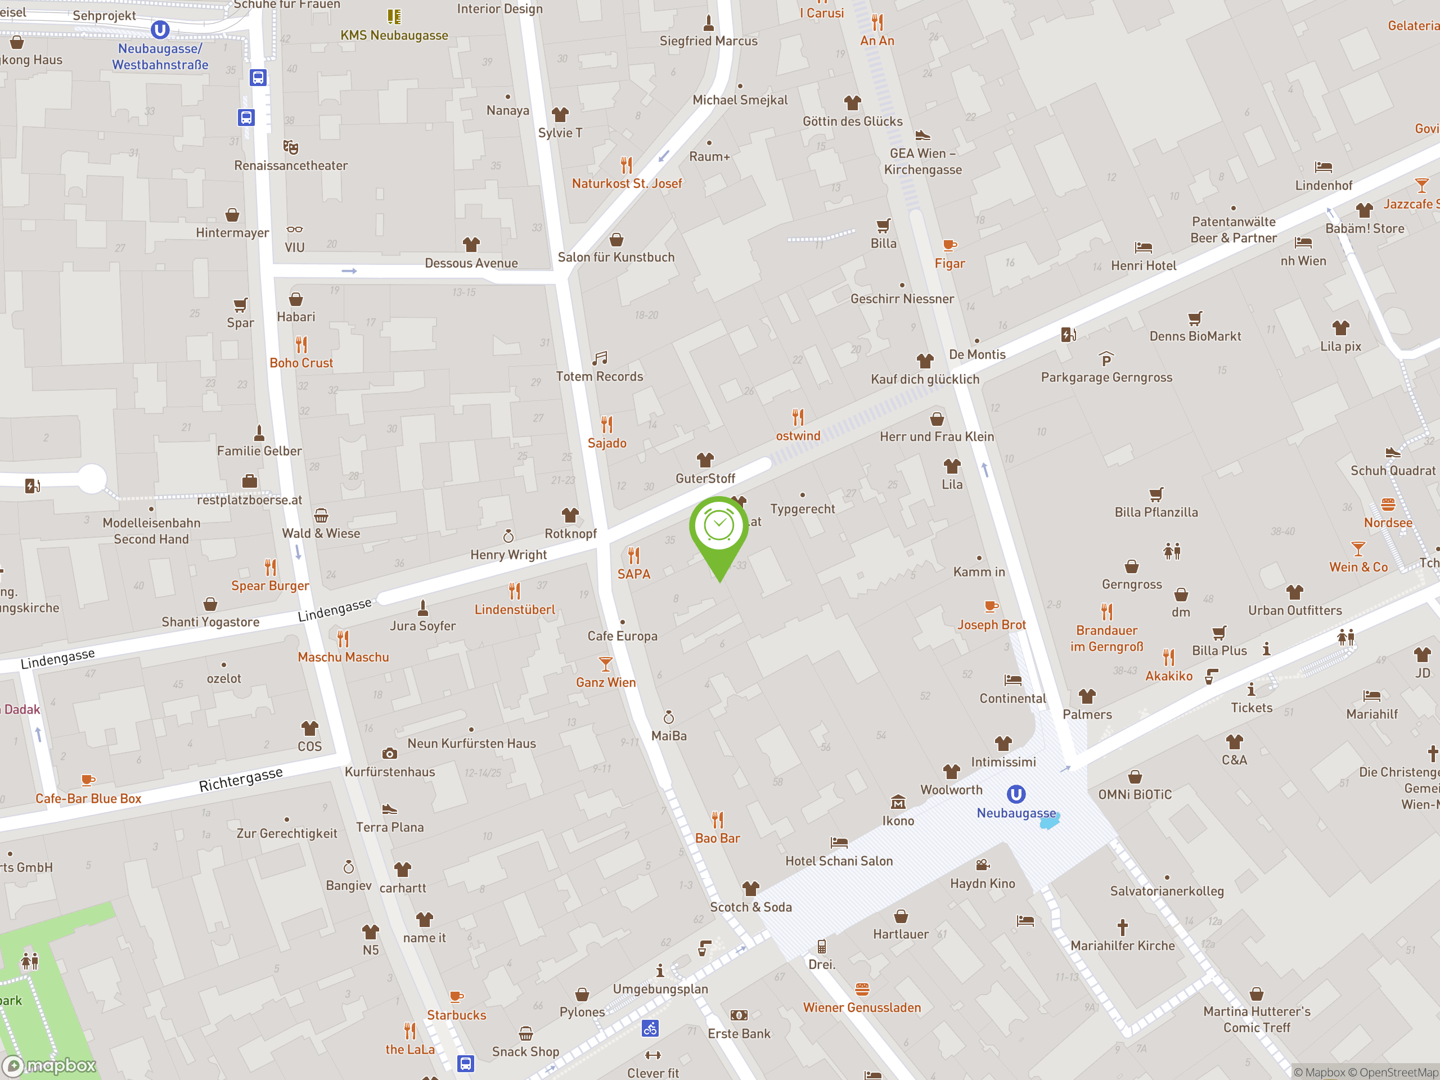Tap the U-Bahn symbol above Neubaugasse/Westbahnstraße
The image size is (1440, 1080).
click(160, 30)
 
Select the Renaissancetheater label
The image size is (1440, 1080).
click(290, 165)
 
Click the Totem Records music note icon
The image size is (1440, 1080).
click(600, 358)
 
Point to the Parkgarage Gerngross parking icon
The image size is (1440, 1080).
click(1106, 359)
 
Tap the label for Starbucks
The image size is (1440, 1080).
click(456, 1015)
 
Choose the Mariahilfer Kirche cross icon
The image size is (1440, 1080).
click(1122, 927)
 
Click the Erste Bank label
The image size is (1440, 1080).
click(739, 1034)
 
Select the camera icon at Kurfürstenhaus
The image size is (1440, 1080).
click(389, 754)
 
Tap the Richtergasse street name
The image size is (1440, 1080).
click(241, 779)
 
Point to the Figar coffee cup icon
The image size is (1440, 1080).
click(950, 245)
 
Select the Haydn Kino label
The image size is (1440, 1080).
click(982, 883)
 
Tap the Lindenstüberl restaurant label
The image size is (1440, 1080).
click(514, 610)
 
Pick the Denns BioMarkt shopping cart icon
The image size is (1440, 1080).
click(1195, 318)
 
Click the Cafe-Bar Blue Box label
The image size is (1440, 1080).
click(88, 799)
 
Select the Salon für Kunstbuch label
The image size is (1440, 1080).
click(616, 257)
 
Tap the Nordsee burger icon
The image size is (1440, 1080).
click(1388, 505)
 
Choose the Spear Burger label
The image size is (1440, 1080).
click(270, 586)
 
